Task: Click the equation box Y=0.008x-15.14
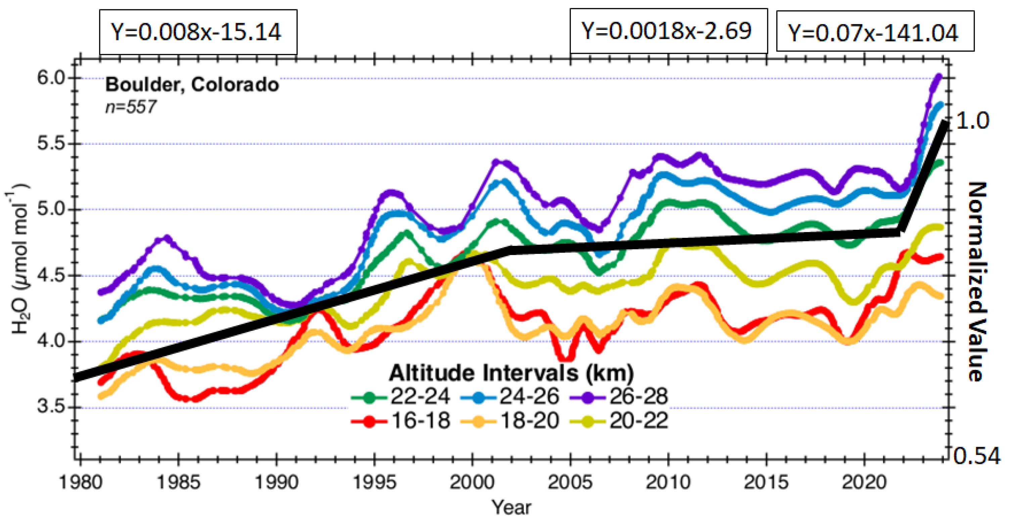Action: (198, 32)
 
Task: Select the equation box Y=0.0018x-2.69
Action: (668, 31)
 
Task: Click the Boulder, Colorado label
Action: (192, 85)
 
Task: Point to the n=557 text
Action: (131, 107)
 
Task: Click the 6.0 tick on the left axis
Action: (51, 78)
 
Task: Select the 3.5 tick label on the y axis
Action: (51, 406)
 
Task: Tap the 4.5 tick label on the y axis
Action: (51, 275)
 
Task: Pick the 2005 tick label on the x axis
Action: (570, 482)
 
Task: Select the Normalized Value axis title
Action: (977, 281)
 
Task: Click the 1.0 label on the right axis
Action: (973, 120)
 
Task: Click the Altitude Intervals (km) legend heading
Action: (511, 373)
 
